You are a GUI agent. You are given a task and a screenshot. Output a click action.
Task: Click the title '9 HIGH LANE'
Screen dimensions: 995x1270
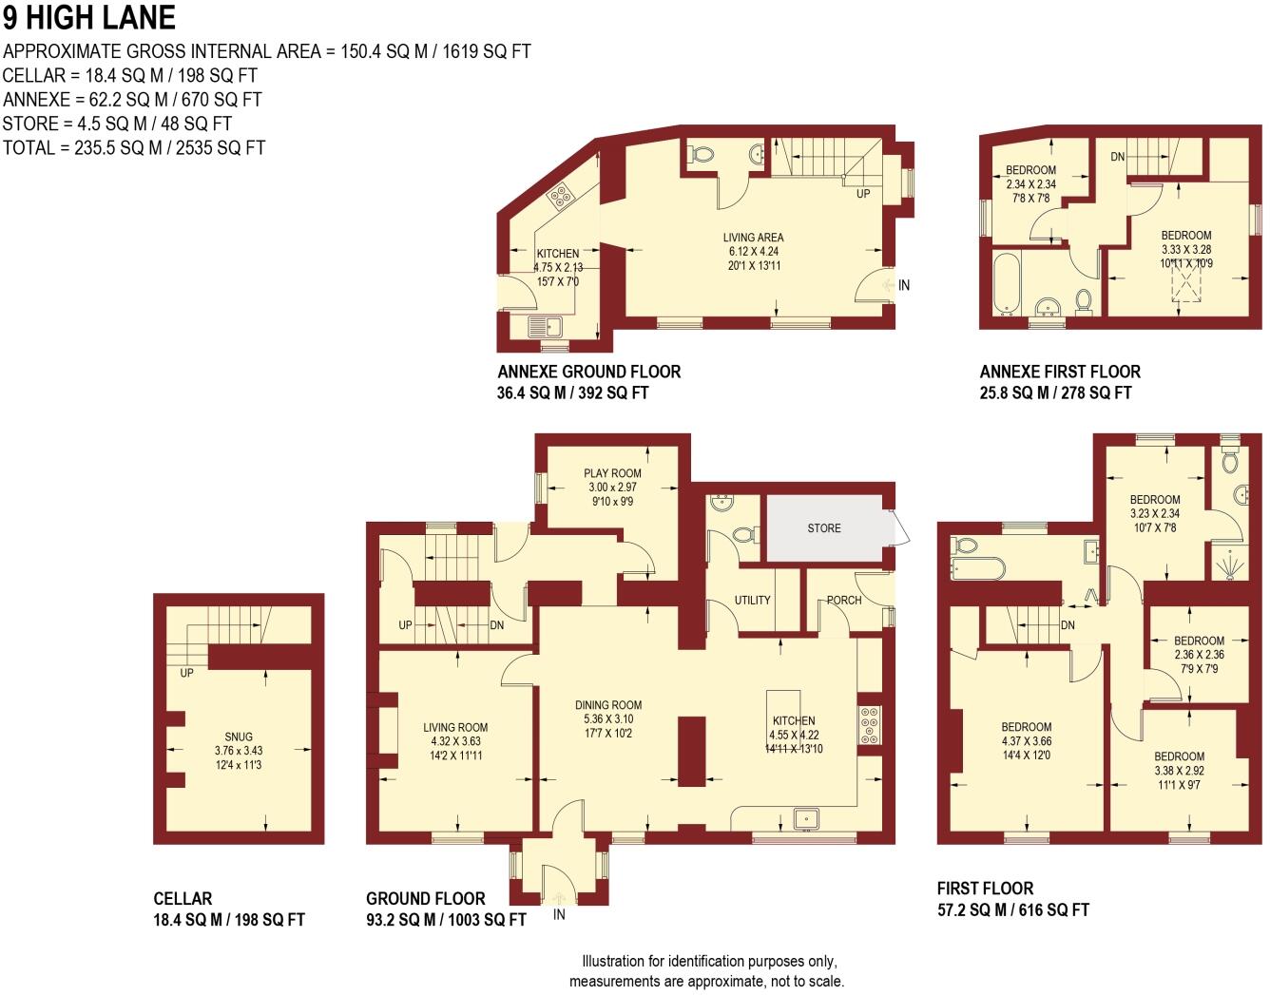click(89, 17)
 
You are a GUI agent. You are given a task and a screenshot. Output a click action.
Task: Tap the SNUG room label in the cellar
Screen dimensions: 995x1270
click(239, 737)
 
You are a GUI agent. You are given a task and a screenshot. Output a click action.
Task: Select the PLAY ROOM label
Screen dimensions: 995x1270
click(612, 473)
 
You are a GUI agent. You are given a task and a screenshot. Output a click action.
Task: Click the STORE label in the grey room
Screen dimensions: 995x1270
click(824, 528)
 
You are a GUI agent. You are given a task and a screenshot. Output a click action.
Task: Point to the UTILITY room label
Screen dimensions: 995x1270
click(752, 600)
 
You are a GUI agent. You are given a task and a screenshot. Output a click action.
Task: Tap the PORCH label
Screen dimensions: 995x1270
click(844, 600)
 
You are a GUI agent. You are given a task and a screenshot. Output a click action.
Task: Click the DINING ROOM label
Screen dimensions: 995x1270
click(608, 705)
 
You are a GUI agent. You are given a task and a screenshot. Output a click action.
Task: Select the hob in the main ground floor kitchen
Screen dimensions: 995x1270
click(870, 727)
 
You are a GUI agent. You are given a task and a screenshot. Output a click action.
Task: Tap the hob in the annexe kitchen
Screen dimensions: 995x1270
click(560, 197)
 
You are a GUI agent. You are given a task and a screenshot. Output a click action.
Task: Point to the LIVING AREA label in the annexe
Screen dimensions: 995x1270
click(753, 238)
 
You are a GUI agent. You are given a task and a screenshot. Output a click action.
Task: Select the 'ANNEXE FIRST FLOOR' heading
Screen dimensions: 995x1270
click(1060, 372)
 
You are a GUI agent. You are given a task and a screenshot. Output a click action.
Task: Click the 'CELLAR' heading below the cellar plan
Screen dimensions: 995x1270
click(183, 898)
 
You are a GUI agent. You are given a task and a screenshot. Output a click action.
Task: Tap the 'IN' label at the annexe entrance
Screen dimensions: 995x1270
click(903, 284)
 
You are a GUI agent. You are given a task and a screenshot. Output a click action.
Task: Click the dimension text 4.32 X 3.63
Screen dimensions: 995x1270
click(455, 742)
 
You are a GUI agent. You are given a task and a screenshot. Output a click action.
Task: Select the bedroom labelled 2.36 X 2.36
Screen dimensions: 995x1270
click(1199, 641)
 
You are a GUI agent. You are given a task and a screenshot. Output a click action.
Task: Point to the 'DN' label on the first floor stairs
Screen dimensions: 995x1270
click(1068, 625)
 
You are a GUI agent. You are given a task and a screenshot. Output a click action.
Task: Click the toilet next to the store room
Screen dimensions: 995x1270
click(746, 534)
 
